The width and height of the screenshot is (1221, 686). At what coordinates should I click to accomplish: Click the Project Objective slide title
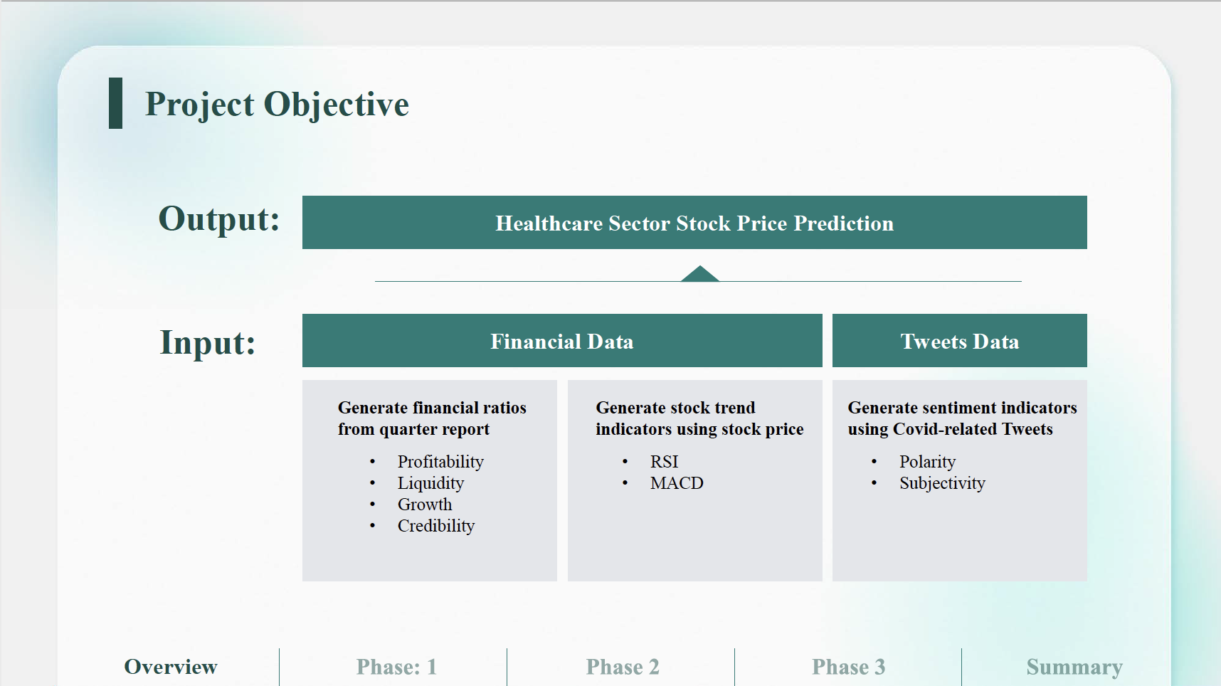pyautogui.click(x=277, y=105)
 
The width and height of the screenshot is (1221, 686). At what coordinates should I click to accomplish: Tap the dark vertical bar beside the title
pyautogui.click(x=115, y=103)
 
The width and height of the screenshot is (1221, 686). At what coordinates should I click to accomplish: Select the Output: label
pyautogui.click(x=219, y=219)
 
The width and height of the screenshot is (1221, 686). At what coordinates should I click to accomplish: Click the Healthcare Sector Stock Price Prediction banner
pyautogui.click(x=694, y=223)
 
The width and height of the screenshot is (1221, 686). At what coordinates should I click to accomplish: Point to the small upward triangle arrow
pyautogui.click(x=700, y=273)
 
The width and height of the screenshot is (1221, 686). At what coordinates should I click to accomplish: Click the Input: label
pyautogui.click(x=208, y=342)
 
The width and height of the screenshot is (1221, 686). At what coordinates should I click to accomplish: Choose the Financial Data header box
pyautogui.click(x=562, y=341)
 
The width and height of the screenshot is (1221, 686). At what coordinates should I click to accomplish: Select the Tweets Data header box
pyautogui.click(x=960, y=341)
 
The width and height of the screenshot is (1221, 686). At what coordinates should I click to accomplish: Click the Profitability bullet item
pyautogui.click(x=440, y=462)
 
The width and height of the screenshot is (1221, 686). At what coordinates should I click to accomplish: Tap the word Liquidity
pyautogui.click(x=430, y=483)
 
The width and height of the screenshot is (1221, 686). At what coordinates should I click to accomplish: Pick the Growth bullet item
pyautogui.click(x=425, y=505)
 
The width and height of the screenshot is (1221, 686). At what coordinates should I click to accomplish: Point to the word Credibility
pyautogui.click(x=436, y=526)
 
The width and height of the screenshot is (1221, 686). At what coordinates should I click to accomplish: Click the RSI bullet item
pyautogui.click(x=665, y=462)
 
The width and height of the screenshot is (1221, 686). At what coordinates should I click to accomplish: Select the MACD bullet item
pyautogui.click(x=677, y=483)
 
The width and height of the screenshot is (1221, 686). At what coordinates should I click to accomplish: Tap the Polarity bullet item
pyautogui.click(x=927, y=462)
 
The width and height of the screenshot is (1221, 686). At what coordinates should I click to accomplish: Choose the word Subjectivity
pyautogui.click(x=942, y=483)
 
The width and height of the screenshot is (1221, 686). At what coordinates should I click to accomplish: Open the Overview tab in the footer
pyautogui.click(x=171, y=667)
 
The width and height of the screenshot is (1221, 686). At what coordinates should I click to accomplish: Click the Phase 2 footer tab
pyautogui.click(x=623, y=667)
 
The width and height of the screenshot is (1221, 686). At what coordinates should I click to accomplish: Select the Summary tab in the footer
pyautogui.click(x=1074, y=667)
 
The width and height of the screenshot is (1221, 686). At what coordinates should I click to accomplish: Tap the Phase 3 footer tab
pyautogui.click(x=849, y=667)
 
